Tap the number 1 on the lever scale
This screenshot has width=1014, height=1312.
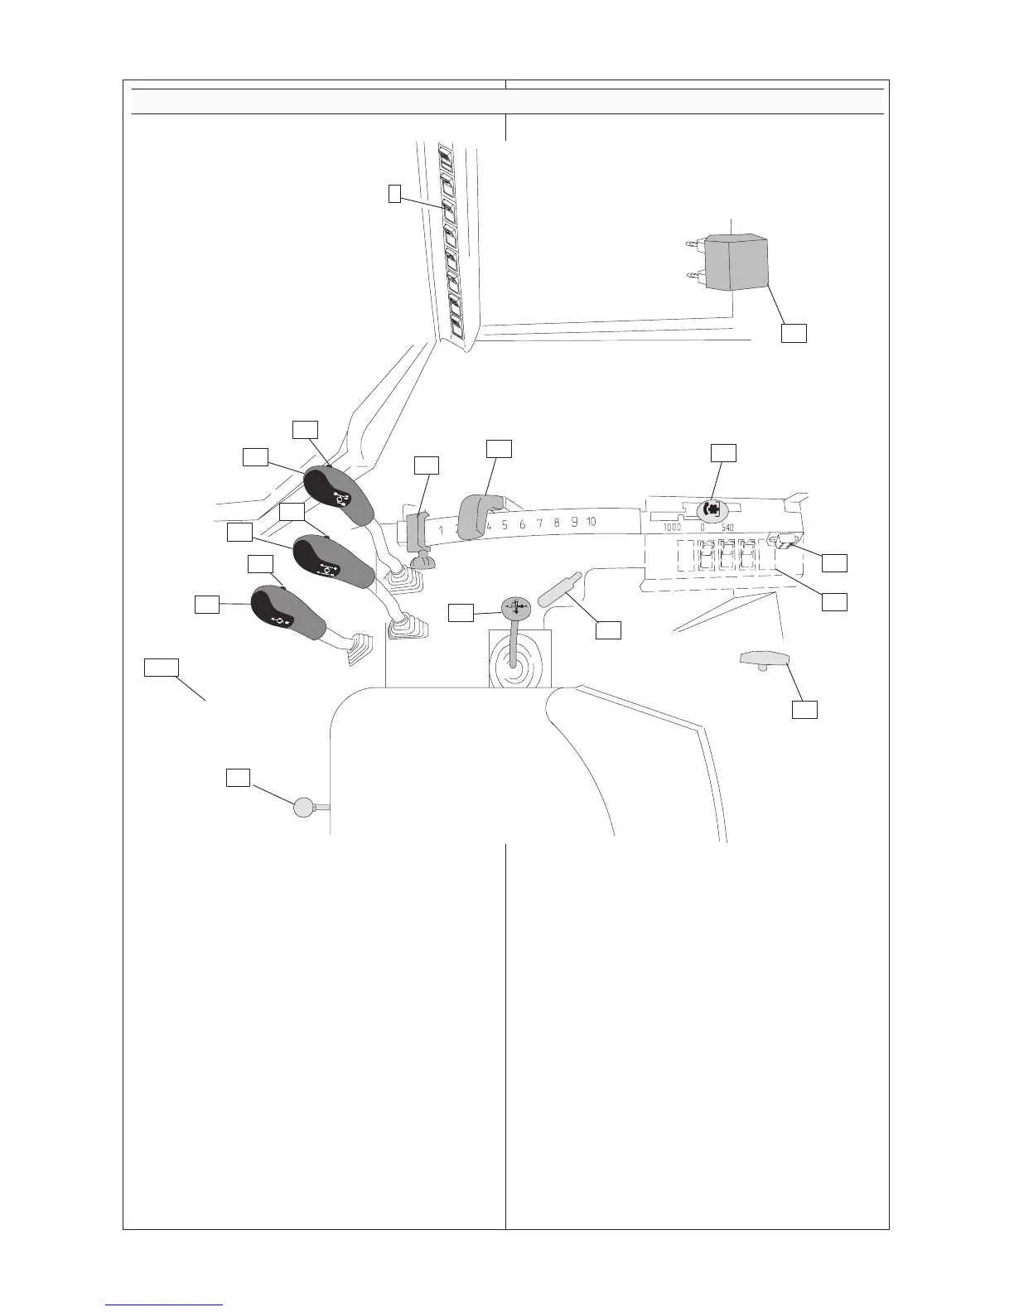coord(442,530)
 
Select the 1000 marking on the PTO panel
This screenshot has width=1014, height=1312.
coord(672,528)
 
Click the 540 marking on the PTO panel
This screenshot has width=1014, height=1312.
coord(726,528)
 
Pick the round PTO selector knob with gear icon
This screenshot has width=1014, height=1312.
coord(710,510)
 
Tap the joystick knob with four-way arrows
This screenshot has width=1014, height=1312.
coord(515,605)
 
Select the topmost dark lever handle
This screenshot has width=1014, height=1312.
coord(336,496)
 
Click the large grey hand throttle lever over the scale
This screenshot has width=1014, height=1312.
coord(480,514)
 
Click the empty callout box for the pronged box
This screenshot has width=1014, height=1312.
coord(794,332)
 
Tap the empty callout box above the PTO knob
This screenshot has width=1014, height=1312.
coord(723,452)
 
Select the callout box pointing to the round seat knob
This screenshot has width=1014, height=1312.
coord(239,777)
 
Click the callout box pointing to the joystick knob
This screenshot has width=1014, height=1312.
coord(461,612)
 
